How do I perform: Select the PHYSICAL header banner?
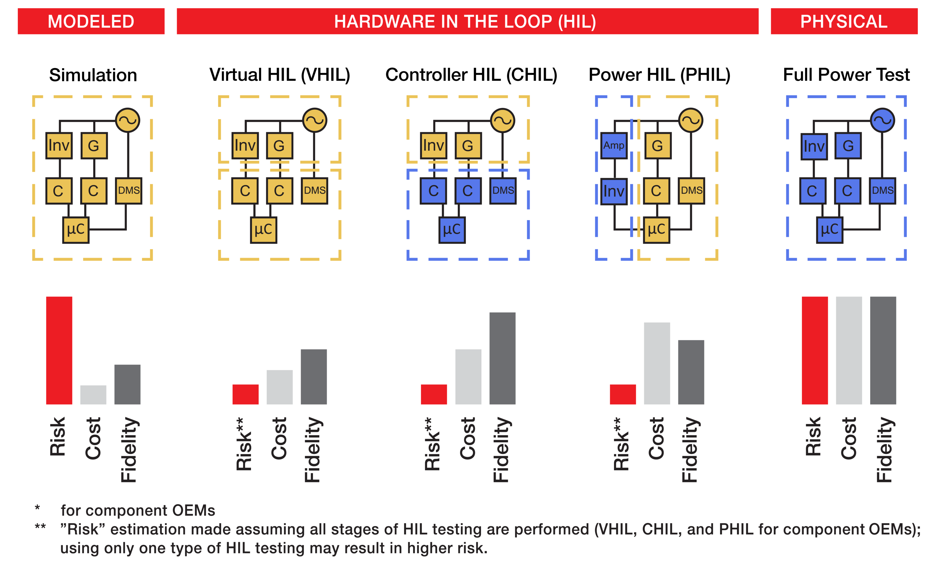[844, 21]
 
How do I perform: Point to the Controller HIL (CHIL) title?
[471, 75]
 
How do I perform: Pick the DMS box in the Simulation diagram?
[128, 191]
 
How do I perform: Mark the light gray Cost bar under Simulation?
[93, 395]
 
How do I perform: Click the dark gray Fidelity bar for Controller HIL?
[502, 358]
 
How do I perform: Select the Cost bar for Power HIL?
[657, 363]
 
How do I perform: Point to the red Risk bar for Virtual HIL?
[245, 394]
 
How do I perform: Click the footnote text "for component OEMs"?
[138, 510]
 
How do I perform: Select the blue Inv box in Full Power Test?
[814, 146]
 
